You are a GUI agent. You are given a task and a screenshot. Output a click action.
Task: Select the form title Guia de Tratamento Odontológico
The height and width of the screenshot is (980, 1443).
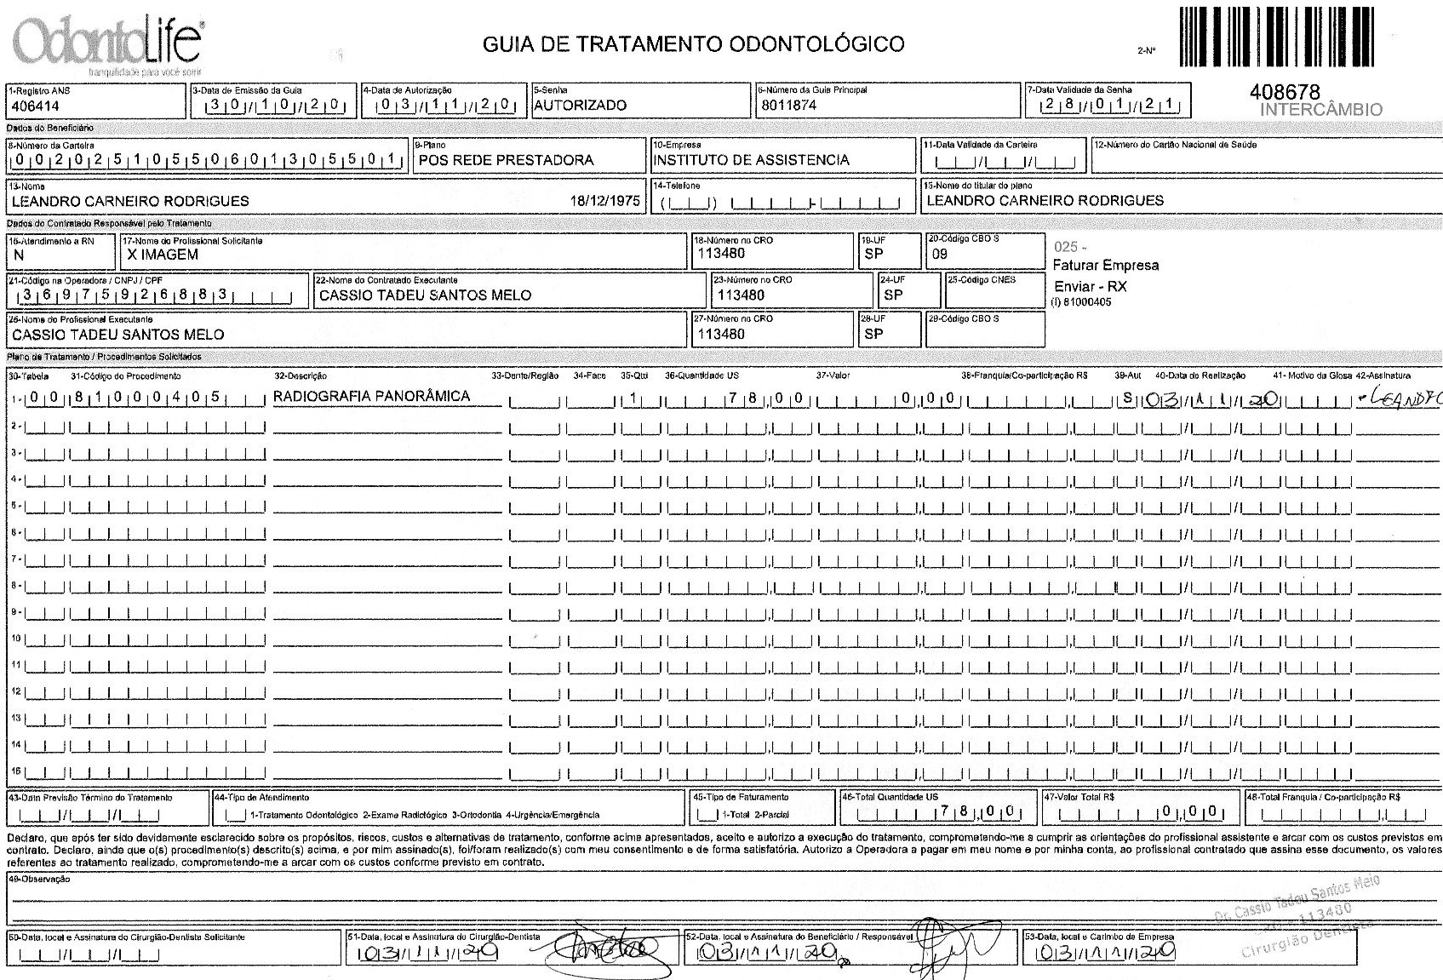(x=693, y=43)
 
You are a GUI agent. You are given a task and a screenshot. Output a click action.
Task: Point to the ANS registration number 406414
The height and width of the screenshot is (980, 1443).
(x=35, y=106)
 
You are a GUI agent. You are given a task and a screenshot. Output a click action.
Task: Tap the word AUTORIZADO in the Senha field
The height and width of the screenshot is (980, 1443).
(x=580, y=106)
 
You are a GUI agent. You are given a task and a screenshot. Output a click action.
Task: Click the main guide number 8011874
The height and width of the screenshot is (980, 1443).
(x=787, y=106)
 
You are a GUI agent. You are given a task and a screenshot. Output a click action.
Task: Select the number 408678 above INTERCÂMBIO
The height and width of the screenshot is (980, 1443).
(x=1285, y=92)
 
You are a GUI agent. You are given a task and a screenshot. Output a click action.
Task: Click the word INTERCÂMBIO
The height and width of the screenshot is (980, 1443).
(x=1320, y=110)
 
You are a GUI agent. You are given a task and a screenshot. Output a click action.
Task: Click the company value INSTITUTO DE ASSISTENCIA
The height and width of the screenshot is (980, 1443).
(x=751, y=160)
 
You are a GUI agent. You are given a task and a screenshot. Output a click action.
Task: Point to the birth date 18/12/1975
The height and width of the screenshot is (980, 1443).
(x=604, y=201)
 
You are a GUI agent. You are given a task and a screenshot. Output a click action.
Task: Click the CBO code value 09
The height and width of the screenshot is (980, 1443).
(x=940, y=255)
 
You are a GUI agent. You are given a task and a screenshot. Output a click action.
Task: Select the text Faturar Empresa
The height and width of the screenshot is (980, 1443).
(x=1105, y=265)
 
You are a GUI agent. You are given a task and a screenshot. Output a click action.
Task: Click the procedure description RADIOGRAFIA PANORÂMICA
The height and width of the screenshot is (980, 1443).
(x=371, y=396)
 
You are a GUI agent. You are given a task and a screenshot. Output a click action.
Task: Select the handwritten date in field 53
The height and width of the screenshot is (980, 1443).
(x=1105, y=952)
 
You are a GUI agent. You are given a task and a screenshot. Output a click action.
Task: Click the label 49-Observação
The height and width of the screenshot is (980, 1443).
(x=39, y=880)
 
